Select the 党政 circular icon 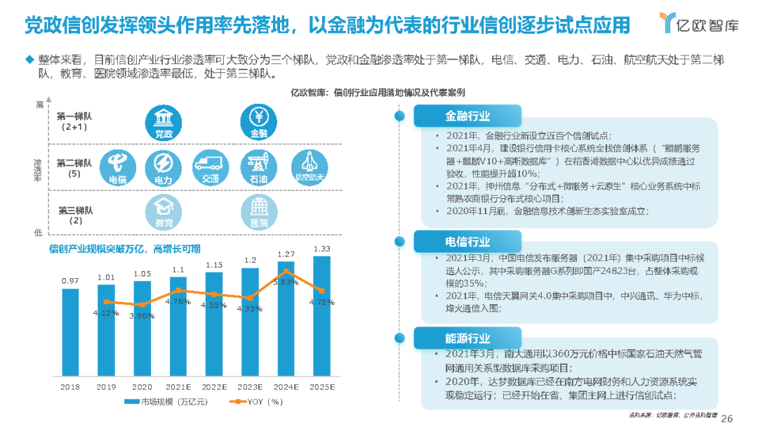click(164, 121)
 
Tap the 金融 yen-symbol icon click(258, 121)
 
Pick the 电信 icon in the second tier click(117, 166)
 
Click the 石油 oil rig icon click(258, 166)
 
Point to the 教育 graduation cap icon click(164, 211)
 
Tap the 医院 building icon click(258, 211)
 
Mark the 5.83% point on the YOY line click(286, 270)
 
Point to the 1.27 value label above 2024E click(286, 254)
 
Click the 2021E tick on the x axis click(178, 386)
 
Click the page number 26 click(727, 417)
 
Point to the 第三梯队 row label click(75, 214)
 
